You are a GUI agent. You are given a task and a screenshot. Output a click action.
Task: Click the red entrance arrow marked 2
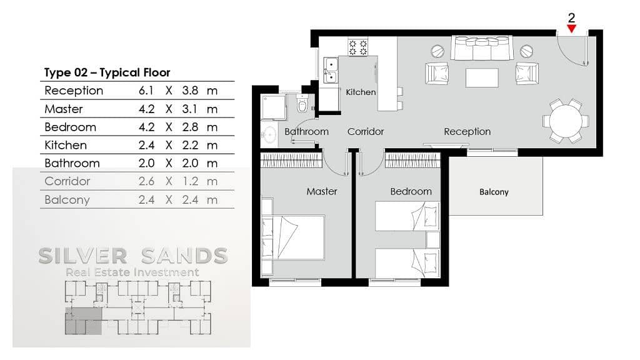[571, 29]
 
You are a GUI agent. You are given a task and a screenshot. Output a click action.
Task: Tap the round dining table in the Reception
[566, 121]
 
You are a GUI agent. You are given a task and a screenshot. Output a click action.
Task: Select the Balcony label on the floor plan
[494, 192]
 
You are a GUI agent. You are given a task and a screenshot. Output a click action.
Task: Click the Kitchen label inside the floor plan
[361, 92]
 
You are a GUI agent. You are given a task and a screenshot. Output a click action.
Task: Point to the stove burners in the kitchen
[358, 47]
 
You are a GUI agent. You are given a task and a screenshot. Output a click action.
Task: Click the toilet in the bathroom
[302, 103]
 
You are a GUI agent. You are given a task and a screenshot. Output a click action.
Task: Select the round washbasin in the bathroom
[270, 135]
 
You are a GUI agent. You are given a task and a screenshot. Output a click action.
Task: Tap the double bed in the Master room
[293, 237]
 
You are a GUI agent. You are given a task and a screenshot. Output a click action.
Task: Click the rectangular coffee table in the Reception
[482, 77]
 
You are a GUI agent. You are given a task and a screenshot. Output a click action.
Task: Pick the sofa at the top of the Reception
[482, 48]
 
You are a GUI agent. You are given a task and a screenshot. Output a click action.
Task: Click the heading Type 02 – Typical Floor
[107, 72]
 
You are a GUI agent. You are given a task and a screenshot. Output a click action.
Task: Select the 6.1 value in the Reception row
[146, 91]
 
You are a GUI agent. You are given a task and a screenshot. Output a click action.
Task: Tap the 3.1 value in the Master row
[190, 109]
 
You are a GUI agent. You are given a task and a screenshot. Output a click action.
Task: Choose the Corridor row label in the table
[67, 181]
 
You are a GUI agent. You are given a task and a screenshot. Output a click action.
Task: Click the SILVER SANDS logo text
[133, 256]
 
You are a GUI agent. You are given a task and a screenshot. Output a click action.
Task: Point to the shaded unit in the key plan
[83, 321]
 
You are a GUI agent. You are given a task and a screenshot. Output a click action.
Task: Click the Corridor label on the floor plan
[366, 131]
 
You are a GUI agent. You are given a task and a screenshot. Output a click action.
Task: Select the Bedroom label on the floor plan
[411, 191]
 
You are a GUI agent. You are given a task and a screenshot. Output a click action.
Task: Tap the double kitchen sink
[331, 70]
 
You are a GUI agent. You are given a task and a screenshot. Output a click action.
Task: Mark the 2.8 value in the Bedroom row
[190, 127]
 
